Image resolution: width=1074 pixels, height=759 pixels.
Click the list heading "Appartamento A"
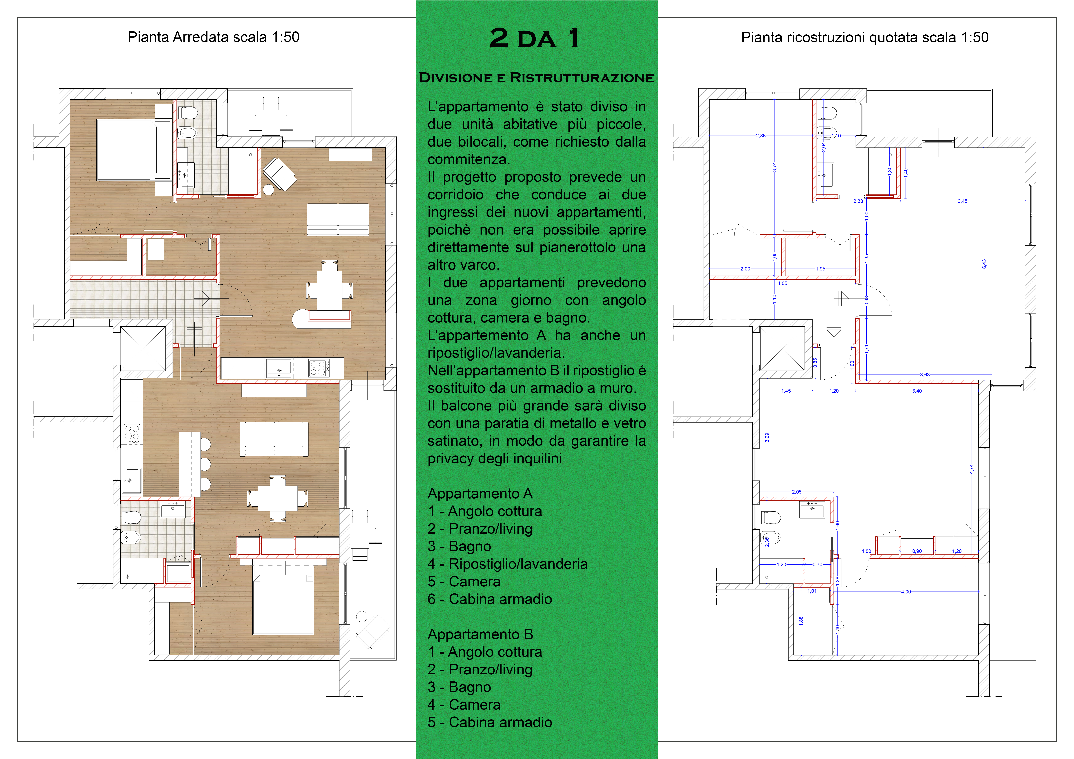coord(480,494)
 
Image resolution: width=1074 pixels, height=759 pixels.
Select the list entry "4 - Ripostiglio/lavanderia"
coord(507,564)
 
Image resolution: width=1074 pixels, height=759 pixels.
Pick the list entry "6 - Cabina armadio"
coord(490,599)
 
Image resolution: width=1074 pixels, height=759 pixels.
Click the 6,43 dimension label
coord(984,264)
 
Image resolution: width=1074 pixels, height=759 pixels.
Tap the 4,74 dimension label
coord(971,469)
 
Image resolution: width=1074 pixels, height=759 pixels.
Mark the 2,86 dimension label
coord(761,136)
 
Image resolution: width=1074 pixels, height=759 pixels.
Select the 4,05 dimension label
coord(782,283)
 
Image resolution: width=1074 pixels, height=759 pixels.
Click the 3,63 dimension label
coord(925,375)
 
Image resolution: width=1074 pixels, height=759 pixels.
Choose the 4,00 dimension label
coord(906,592)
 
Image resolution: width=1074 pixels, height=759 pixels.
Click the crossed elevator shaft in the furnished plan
coord(143,348)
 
